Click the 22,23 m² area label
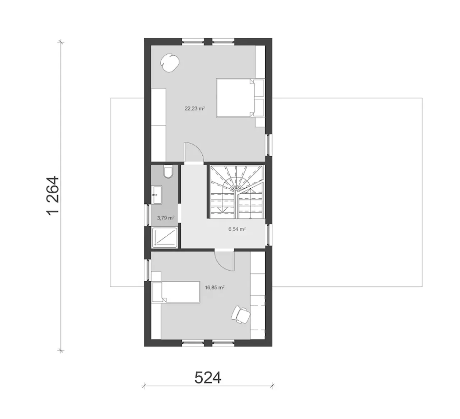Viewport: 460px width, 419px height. pyautogui.click(x=194, y=109)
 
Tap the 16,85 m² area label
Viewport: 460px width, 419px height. pyautogui.click(x=215, y=287)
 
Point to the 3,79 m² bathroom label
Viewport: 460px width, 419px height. pyautogui.click(x=165, y=218)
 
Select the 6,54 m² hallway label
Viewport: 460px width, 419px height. pyautogui.click(x=237, y=229)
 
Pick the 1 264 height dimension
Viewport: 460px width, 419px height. pyautogui.click(x=53, y=195)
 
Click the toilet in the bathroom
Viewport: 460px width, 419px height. pyautogui.click(x=168, y=172)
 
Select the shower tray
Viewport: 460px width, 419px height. pyautogui.click(x=165, y=238)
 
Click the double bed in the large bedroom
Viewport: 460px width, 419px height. pyautogui.click(x=240, y=98)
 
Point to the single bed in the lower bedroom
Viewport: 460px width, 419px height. pyautogui.click(x=175, y=293)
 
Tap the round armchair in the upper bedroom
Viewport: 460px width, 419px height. pyautogui.click(x=170, y=63)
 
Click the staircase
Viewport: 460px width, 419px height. pyautogui.click(x=237, y=192)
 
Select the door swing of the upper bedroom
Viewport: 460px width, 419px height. pyautogui.click(x=194, y=152)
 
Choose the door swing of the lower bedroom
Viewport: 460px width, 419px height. pyautogui.click(x=224, y=261)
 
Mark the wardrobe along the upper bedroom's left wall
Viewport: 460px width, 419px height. pyautogui.click(x=158, y=125)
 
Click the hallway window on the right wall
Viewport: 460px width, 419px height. pyautogui.click(x=269, y=235)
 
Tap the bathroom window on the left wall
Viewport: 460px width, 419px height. pyautogui.click(x=147, y=215)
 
